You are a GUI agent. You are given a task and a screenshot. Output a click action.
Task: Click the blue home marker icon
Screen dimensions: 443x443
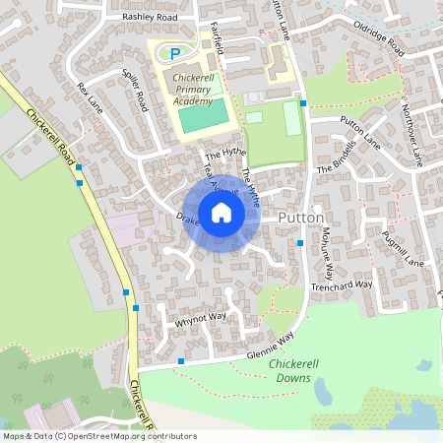[x=221, y=213]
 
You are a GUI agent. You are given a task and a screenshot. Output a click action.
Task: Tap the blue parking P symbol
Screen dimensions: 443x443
[x=175, y=53]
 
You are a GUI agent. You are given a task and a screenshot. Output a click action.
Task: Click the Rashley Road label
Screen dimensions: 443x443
[x=149, y=18]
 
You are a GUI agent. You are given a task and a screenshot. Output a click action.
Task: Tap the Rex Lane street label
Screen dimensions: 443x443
[x=88, y=99]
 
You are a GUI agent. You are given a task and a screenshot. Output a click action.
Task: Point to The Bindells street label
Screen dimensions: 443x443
[x=334, y=157]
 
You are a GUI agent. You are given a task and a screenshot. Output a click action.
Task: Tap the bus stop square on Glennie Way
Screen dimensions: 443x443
[x=181, y=362]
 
